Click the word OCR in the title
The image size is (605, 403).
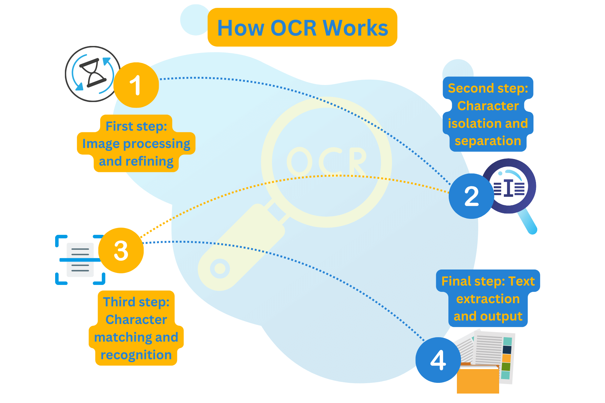[x=293, y=28]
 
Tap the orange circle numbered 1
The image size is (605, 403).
[x=136, y=85]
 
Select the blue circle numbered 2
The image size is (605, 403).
[x=471, y=196]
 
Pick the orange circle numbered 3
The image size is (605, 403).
[x=121, y=251]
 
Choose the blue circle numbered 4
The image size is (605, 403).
[x=438, y=360]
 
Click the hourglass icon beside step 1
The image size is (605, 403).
[x=93, y=73]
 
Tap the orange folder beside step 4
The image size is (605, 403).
[x=478, y=379]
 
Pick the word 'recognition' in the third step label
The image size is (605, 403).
[x=136, y=355]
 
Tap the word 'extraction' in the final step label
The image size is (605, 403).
[x=488, y=299]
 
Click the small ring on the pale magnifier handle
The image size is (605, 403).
[x=220, y=269]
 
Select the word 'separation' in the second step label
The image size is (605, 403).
[x=488, y=141]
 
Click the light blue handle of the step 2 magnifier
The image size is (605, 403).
[x=528, y=222]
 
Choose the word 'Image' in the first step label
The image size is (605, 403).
[x=101, y=144]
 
